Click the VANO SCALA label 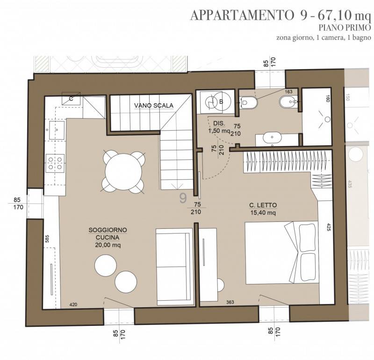coord(154,106)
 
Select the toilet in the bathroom coord(249,102)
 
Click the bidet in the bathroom coord(288,102)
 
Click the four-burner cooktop coord(55,163)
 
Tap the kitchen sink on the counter coord(57,130)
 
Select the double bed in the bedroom coord(282,253)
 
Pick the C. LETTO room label coord(263,205)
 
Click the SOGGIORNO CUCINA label coord(108,234)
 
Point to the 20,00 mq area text coord(108,245)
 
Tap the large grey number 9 coord(183,198)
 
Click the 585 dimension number coord(47,239)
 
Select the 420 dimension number coord(73,304)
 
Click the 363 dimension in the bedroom coord(230,302)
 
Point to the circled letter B coord(221,102)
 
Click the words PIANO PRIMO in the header coord(345,28)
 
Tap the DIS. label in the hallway coord(219,123)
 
